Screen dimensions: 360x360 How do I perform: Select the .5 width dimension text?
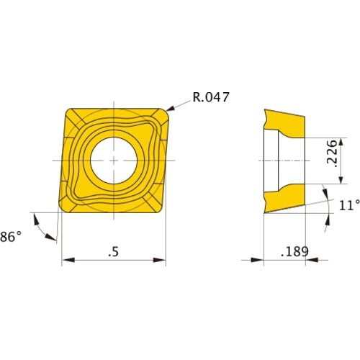click(x=113, y=252)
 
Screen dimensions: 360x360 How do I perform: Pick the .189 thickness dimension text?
click(x=292, y=252)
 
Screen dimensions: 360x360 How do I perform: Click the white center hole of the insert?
click(x=113, y=159)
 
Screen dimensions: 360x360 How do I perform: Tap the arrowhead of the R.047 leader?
click(x=170, y=110)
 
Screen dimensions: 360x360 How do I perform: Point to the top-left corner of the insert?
click(x=69, y=111)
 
